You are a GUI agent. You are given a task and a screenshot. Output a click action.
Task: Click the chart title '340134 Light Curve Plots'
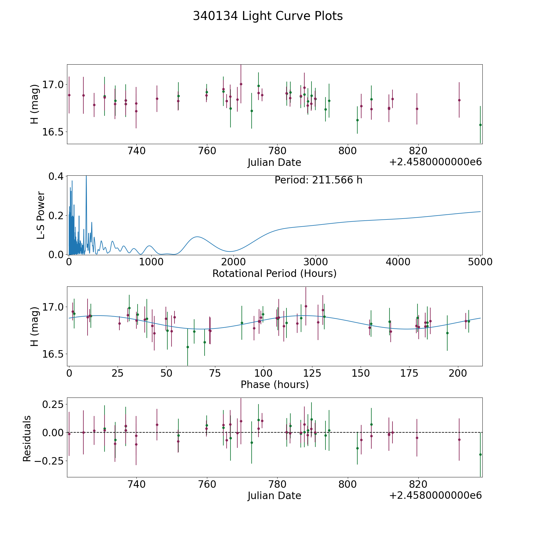tap(268, 16)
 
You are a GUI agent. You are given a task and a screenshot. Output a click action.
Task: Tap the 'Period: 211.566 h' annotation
tap(318, 180)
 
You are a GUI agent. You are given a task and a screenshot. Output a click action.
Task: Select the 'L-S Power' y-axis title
tap(41, 215)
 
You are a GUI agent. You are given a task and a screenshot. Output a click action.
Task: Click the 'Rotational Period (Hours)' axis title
tap(274, 273)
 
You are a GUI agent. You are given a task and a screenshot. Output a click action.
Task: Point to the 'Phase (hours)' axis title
tap(274, 384)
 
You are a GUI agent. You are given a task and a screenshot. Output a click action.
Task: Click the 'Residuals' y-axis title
tap(27, 438)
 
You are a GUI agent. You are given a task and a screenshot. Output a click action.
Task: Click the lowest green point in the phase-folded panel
tap(188, 347)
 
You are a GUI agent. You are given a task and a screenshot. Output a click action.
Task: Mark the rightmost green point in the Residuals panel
tap(480, 454)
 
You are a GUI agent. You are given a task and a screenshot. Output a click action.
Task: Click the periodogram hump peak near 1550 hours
tap(197, 237)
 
